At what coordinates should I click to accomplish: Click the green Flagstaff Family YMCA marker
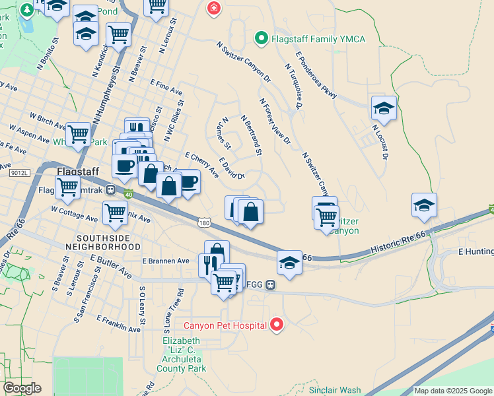coord(262,39)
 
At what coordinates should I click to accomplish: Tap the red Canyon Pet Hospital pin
coord(277,325)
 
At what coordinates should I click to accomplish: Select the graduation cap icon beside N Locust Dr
coord(383,108)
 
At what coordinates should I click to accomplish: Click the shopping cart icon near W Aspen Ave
coord(78,134)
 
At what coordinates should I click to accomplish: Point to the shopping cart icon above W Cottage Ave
coord(115,213)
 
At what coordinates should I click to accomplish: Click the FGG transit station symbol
coord(271,284)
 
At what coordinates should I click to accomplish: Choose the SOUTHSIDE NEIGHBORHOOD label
coord(108,242)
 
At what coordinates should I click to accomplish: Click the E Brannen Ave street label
coord(165,261)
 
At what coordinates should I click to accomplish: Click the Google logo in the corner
coord(21,388)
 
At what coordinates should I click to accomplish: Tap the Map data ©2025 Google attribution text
coord(453,391)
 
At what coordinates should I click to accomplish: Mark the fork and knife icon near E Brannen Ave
coord(208,264)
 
